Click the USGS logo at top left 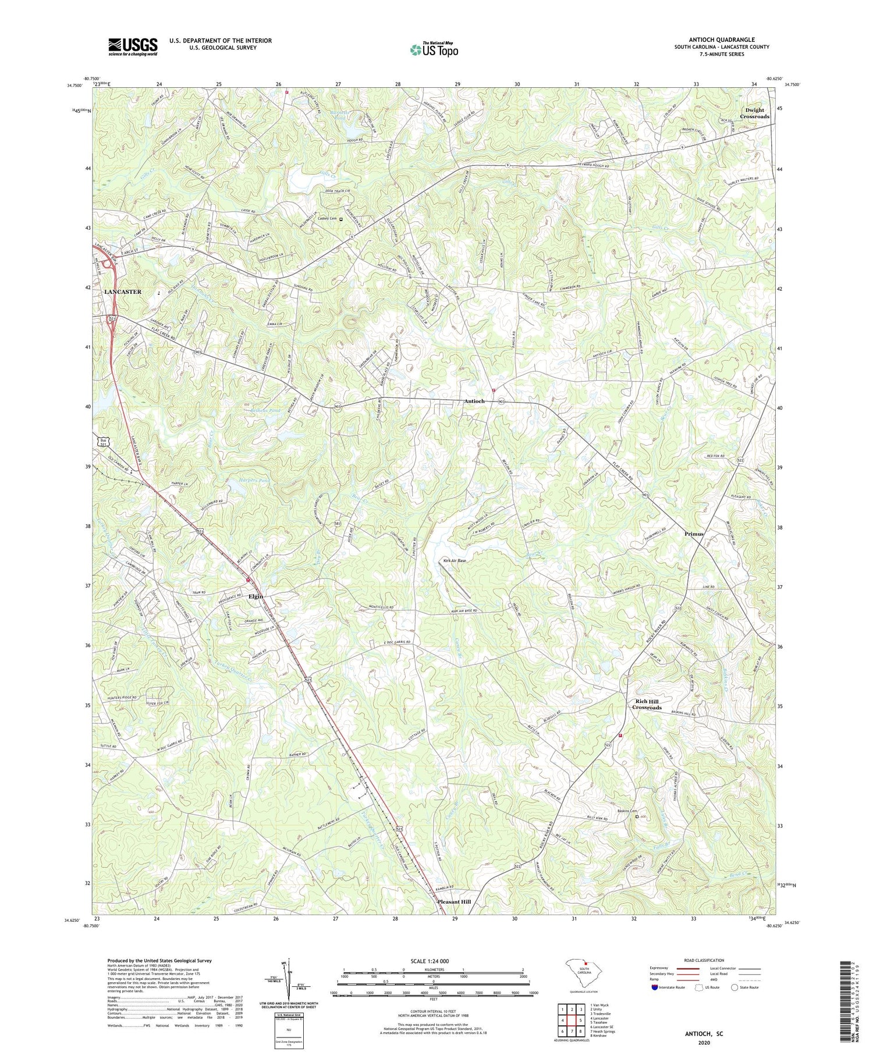[133, 47]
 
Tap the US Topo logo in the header [434, 50]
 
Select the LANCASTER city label [123, 292]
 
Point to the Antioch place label [474, 401]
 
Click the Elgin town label [255, 596]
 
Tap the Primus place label [694, 534]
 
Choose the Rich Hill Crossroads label [647, 704]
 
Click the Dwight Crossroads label [754, 113]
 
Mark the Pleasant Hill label [454, 901]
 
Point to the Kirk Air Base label [454, 561]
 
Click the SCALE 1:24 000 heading [432, 961]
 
